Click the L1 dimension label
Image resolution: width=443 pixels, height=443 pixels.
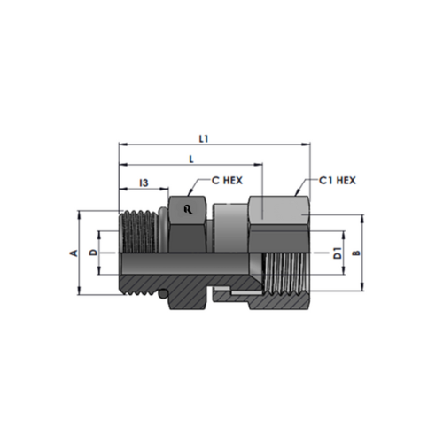click(204, 138)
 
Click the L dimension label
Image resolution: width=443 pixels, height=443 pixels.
click(191, 159)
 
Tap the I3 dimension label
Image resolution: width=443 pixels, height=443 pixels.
click(144, 183)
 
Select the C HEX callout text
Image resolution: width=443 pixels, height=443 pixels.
click(227, 180)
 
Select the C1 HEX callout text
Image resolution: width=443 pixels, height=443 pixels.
click(338, 180)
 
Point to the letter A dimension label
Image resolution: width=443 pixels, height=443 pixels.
click(74, 253)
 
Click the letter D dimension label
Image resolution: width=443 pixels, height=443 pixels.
click(93, 253)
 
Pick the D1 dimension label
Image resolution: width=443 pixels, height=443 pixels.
click(338, 253)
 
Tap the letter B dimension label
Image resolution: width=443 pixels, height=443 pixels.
click(357, 253)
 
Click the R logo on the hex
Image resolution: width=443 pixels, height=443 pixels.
click(188, 209)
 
